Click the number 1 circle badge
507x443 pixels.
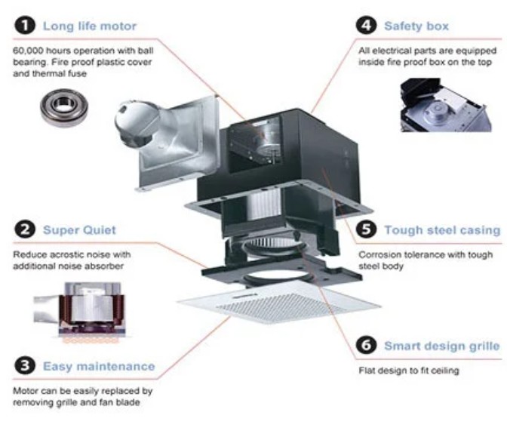[x=25, y=26]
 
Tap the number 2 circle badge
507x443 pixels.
[x=25, y=229]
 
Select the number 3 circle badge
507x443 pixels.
[x=25, y=367]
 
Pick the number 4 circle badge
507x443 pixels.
[x=367, y=26]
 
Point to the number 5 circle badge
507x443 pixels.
[x=367, y=229]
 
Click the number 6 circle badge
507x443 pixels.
[x=367, y=346]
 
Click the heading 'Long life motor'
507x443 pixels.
[x=90, y=26]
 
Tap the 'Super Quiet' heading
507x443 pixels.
[x=79, y=229]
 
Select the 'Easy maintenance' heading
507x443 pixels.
[x=99, y=368]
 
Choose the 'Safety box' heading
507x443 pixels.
[x=416, y=26]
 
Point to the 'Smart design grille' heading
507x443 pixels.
[x=441, y=347]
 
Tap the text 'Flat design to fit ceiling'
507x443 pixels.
[x=408, y=371]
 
